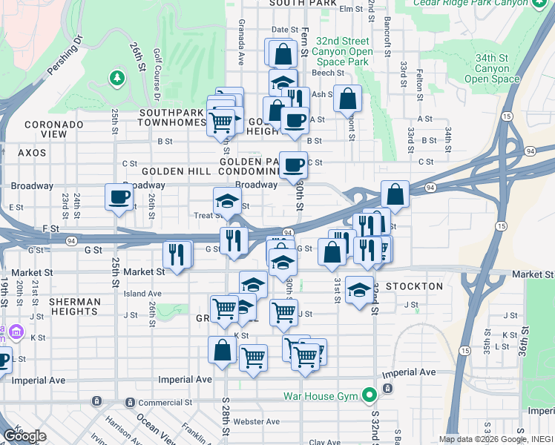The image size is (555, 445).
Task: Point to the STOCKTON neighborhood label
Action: tap(414, 286)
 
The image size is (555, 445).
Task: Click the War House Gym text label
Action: tap(321, 395)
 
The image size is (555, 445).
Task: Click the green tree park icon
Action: tap(116, 77)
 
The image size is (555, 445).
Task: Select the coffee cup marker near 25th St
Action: tap(119, 197)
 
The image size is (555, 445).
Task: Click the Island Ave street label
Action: tap(142, 294)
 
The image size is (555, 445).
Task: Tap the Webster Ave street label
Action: tap(256, 421)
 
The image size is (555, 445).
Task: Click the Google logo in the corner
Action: tap(24, 436)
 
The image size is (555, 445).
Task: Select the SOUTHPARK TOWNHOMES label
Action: tap(161, 117)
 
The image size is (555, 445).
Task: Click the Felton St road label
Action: tap(420, 85)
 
